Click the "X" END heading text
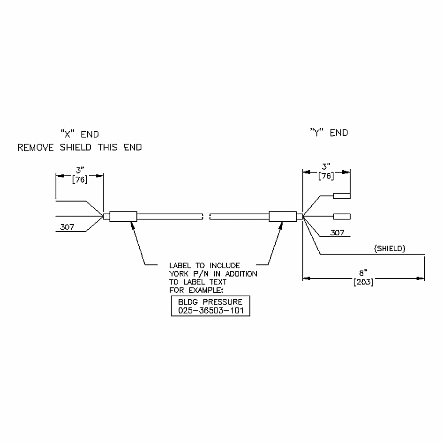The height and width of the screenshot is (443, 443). pos(80,134)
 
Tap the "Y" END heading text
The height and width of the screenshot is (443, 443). pos(329,133)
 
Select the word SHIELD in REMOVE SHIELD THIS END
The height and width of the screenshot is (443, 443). pos(75,147)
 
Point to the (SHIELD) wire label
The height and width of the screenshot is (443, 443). pos(390,248)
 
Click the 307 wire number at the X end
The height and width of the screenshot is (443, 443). pos(67,227)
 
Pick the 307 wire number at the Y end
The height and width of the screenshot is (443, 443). pos(338,233)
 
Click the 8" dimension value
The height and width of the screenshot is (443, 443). pos(363,273)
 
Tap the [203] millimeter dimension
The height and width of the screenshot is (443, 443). pos(363,282)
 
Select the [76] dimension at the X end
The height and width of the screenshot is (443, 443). pos(79,180)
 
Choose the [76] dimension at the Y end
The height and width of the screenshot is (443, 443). pos(326,176)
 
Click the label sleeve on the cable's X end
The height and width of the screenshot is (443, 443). pos(123,217)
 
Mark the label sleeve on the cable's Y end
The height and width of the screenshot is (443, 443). pos(283,217)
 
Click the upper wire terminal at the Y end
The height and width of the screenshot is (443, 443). pos(342,196)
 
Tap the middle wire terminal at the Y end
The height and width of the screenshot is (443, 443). pos(342,217)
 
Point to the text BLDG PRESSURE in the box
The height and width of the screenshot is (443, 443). pos(210,302)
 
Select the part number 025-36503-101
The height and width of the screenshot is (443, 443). pos(211,310)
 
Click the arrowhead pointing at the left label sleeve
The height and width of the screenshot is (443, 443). pos(132,225)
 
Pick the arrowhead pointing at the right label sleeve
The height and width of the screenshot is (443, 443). pos(280,225)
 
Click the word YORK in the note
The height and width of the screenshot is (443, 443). pos(179,274)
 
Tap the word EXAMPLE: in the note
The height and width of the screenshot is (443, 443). pos(206,290)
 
